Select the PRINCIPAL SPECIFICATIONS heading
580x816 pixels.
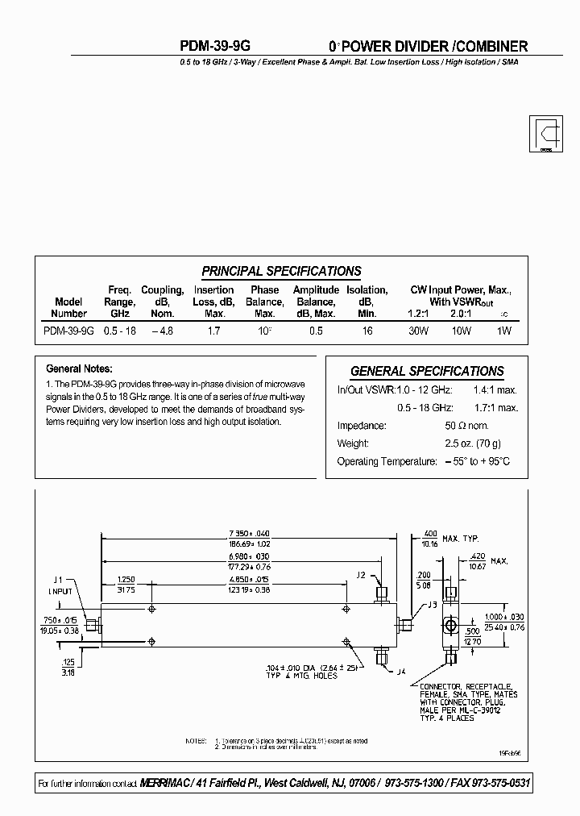tap(281, 272)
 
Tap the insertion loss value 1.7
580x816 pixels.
tap(215, 331)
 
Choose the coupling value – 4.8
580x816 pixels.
tap(162, 331)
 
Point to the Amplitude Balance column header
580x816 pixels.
tap(316, 302)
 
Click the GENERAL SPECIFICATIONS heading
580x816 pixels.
tap(427, 372)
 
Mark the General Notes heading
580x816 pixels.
tap(79, 368)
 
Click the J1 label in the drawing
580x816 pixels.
tap(57, 580)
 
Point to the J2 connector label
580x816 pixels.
tap(360, 574)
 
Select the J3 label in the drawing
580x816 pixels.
tap(432, 605)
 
